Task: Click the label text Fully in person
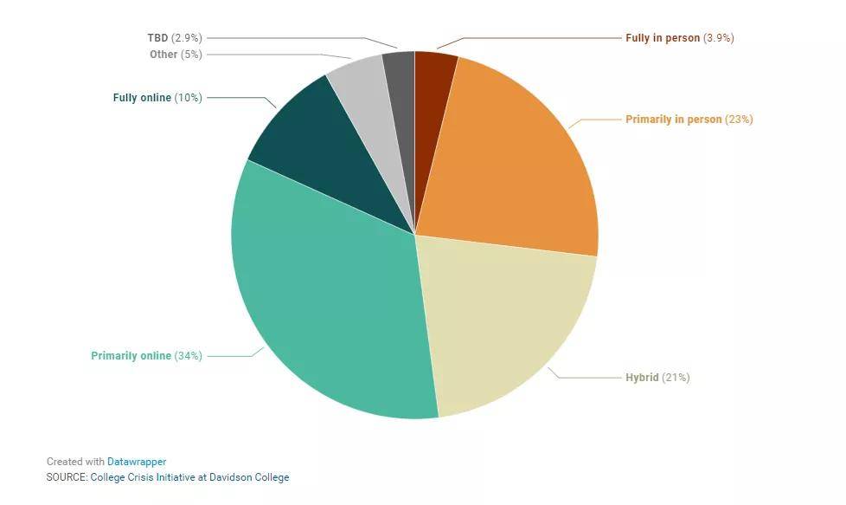pos(662,38)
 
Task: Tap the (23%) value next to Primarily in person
pos(739,120)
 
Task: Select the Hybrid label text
pos(642,378)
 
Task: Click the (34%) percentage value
pos(188,356)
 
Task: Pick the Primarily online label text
pos(131,356)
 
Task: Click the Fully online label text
pos(142,98)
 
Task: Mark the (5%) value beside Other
pos(191,55)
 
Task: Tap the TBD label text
pos(157,38)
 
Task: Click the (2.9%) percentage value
pos(187,38)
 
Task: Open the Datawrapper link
pos(137,463)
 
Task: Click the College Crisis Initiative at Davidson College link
pos(189,477)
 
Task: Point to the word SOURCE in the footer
pos(67,477)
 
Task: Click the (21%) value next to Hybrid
pos(676,378)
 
